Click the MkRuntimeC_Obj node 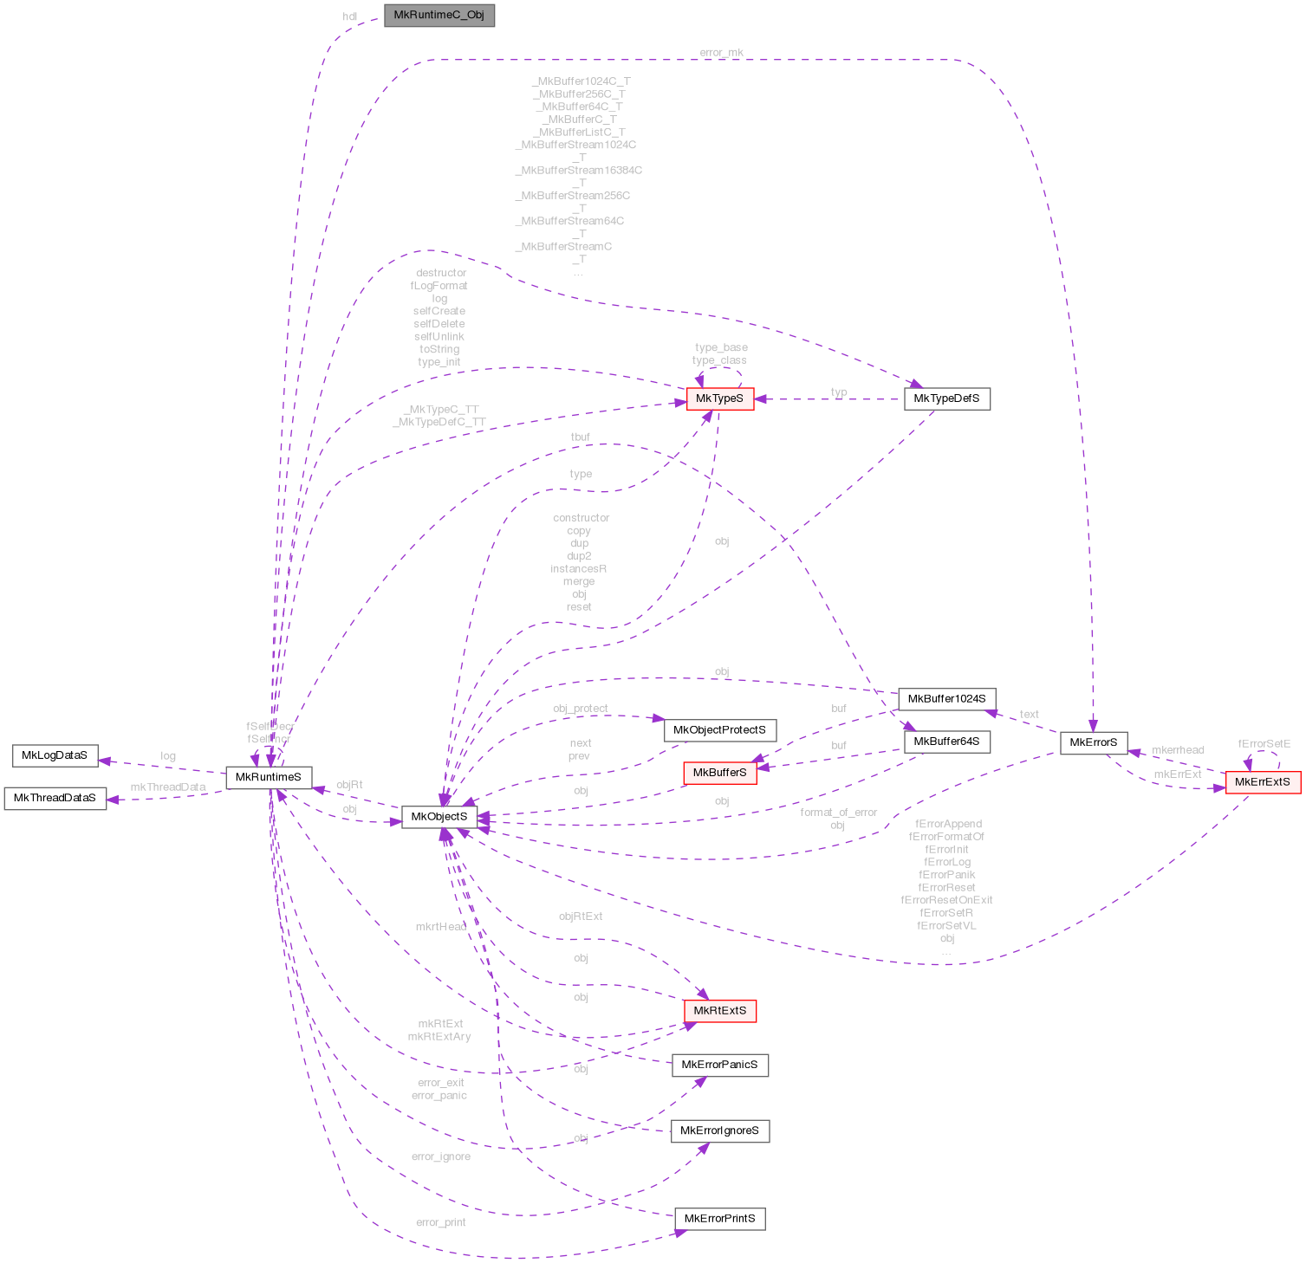439,16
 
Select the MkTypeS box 719,398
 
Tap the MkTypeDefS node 946,398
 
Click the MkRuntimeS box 269,777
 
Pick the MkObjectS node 439,816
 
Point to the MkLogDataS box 55,755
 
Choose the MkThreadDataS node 55,798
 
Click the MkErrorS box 1094,742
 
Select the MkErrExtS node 1262,782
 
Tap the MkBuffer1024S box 946,698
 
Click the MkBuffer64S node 946,742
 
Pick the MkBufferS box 719,772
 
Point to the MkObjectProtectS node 719,729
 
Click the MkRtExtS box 719,1010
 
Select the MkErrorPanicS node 719,1065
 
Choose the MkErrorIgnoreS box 719,1130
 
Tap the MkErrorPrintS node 719,1219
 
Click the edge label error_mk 721,53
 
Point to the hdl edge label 350,16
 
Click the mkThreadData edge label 168,787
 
